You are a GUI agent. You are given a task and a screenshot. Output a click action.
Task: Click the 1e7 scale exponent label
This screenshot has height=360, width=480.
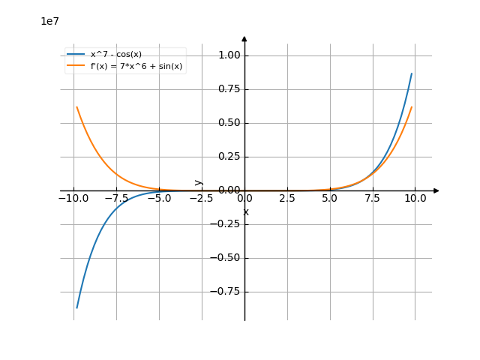tap(49, 21)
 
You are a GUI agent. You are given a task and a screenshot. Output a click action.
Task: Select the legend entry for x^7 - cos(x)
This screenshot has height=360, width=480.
tap(115, 54)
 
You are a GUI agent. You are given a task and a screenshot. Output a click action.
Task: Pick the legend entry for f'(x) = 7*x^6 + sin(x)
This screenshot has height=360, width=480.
tap(136, 66)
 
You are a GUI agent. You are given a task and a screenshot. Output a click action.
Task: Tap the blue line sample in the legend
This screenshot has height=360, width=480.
tap(76, 54)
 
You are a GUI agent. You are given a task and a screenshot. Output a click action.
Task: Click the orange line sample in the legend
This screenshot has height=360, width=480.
tap(76, 66)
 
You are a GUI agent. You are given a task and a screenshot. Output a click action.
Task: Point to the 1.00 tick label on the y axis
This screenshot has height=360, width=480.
tap(229, 55)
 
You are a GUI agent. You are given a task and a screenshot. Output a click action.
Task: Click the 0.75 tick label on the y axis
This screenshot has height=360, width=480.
tap(229, 89)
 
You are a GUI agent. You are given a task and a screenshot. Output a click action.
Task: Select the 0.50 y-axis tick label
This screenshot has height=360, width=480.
tap(229, 123)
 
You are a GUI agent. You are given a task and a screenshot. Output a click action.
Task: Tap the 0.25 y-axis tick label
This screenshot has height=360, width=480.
tap(229, 157)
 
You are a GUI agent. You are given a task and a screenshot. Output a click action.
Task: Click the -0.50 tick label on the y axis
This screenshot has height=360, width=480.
tap(226, 258)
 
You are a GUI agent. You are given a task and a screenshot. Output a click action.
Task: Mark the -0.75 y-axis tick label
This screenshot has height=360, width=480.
tap(226, 292)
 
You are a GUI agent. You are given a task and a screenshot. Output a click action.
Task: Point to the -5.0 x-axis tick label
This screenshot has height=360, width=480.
tap(159, 199)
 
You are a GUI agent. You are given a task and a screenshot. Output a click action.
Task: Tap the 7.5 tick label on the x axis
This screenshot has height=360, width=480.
tap(372, 199)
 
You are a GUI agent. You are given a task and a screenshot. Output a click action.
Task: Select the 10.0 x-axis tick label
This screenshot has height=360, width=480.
tap(415, 199)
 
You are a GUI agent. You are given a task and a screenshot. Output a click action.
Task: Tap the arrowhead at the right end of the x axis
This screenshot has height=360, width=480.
tap(436, 190)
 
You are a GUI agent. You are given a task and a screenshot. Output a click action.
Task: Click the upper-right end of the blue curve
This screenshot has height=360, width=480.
tap(412, 73)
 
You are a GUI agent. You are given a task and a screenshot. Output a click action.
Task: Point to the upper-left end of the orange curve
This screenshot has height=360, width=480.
tap(76, 106)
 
